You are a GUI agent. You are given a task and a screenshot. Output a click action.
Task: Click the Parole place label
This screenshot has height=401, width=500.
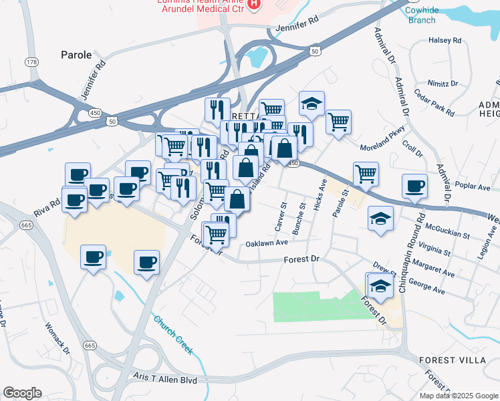click(76, 55)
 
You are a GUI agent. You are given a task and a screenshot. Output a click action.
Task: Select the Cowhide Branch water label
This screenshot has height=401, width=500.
click(421, 14)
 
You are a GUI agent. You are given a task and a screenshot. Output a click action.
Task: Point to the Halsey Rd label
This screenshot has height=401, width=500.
click(446, 41)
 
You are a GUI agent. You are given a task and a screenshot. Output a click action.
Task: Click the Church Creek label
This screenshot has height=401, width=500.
click(172, 331)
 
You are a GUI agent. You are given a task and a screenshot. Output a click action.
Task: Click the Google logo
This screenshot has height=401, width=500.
click(22, 393)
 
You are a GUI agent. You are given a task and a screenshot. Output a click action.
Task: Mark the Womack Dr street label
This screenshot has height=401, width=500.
click(56, 340)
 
